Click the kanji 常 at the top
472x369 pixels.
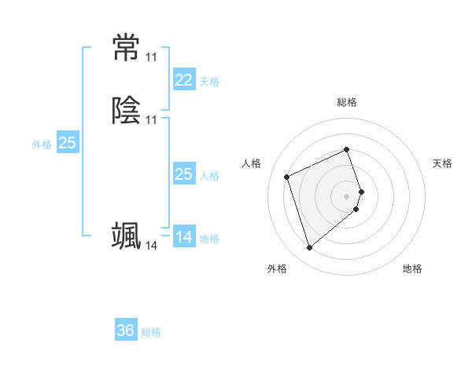coord(126,48)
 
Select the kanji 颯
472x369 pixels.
coord(126,235)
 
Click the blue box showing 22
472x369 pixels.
coord(183,80)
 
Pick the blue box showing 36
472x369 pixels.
coord(126,331)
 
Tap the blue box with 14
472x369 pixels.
coord(183,237)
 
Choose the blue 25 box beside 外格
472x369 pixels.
coord(67,143)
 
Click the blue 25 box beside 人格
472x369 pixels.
coord(183,174)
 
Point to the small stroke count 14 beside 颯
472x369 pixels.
coord(151,246)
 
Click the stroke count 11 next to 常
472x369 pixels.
coord(151,57)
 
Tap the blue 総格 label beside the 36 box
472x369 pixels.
coord(151,333)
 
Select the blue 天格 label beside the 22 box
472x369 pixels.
coord(209,82)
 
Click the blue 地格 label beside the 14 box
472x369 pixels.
coord(209,239)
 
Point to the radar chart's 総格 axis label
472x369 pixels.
coord(347,102)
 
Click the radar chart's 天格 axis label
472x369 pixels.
coord(443,163)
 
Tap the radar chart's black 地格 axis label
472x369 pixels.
coord(412,269)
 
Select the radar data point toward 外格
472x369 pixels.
coord(309,248)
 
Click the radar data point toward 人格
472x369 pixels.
coord(288,176)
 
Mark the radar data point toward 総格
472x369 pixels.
coord(347,149)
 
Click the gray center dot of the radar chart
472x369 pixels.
coord(347,195)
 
